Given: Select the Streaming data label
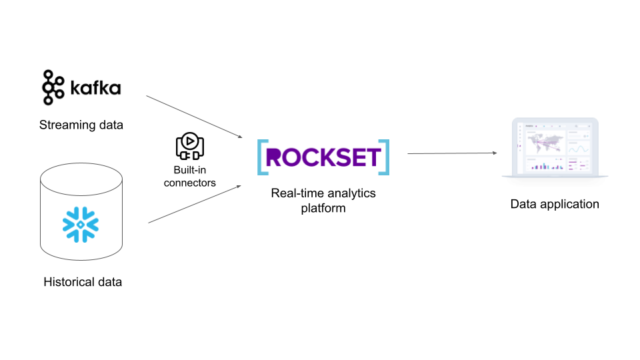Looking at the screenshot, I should [81, 125].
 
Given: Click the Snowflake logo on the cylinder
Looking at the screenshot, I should [81, 225].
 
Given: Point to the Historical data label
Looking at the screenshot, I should [83, 282].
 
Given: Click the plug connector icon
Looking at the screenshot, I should [190, 146].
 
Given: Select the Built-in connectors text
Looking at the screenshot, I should [190, 177].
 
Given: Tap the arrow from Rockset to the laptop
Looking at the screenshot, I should [452, 153].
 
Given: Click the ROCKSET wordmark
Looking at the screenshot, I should [323, 157].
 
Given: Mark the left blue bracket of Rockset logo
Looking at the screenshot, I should [262, 157].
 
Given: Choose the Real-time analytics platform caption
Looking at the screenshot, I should [323, 200].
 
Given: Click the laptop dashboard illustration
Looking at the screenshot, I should [555, 148].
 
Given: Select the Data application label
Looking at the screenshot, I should [555, 204].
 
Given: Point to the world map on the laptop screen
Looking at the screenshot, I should [545, 141].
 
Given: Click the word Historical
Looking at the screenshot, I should [67, 282].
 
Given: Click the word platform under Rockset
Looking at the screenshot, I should [323, 208].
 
